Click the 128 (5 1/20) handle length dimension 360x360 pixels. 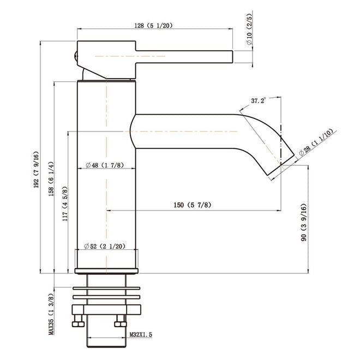[153, 26]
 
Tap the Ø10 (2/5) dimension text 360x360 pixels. [249, 29]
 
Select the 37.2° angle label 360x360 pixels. [259, 100]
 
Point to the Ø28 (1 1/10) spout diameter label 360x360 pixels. [316, 142]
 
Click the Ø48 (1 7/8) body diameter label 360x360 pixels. [105, 165]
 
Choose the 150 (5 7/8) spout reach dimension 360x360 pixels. [192, 205]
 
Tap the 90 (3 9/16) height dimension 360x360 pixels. [303, 222]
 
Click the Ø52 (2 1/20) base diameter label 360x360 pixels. [105, 247]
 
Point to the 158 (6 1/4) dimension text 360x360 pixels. [51, 179]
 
